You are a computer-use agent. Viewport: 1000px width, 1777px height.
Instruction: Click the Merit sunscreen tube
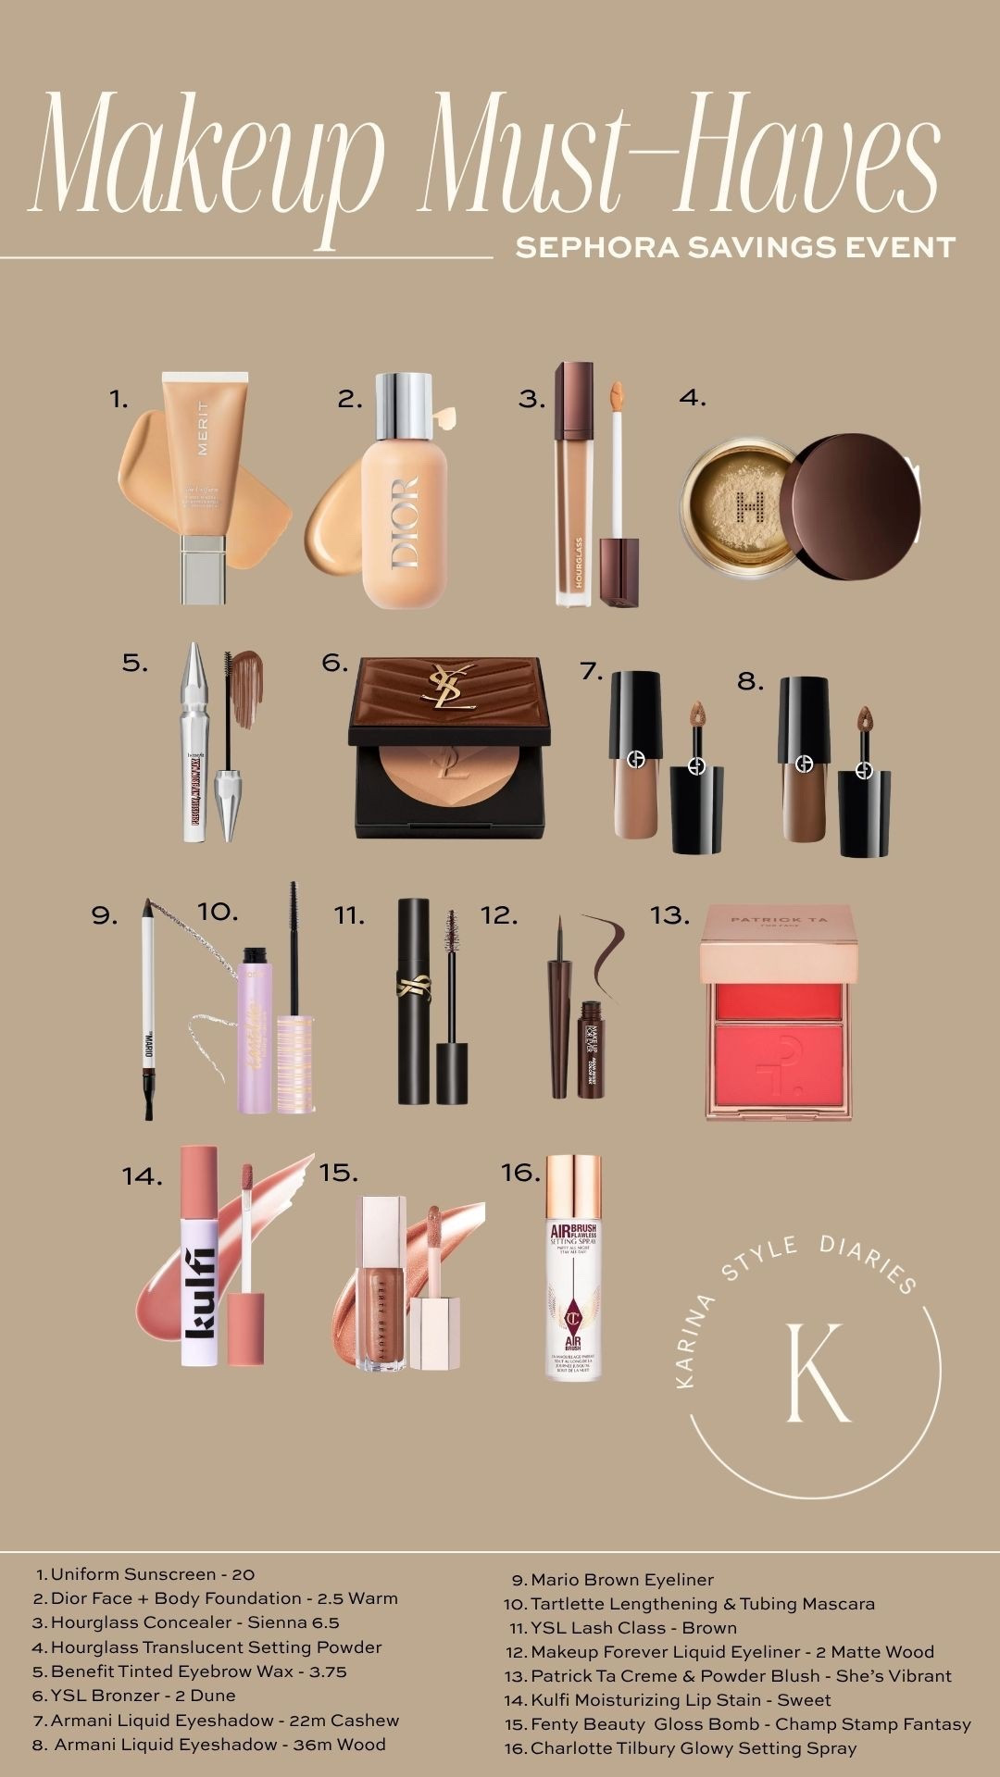(204, 481)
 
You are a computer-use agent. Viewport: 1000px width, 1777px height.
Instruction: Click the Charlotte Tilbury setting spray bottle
(573, 1268)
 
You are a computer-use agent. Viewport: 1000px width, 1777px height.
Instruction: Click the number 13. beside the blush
(669, 915)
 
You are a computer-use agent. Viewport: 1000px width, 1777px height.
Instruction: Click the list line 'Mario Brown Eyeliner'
(621, 1580)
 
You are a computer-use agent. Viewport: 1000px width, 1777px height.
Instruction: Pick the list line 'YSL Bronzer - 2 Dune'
(143, 1696)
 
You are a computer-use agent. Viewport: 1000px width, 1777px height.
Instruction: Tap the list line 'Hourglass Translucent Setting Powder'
(215, 1647)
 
